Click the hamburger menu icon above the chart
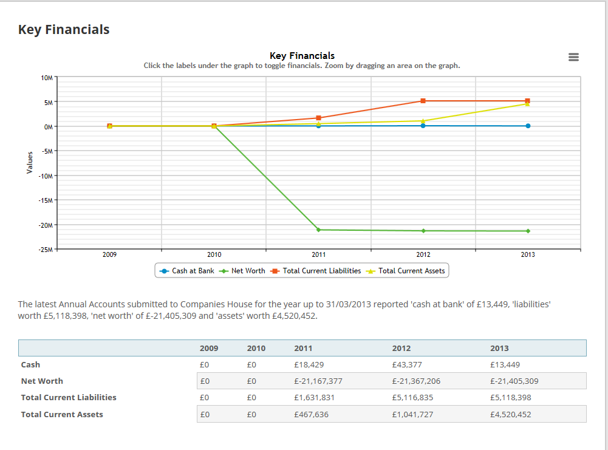pyautogui.click(x=573, y=57)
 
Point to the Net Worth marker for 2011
pyautogui.click(x=318, y=230)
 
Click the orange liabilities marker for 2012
pyautogui.click(x=423, y=101)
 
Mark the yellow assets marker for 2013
pyautogui.click(x=527, y=104)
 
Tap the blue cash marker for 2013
pyautogui.click(x=528, y=126)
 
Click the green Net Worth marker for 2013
pyautogui.click(x=528, y=231)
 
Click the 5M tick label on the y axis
pyautogui.click(x=49, y=102)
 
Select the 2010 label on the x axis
pyautogui.click(x=214, y=255)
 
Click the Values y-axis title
pyautogui.click(x=30, y=163)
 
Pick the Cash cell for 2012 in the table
pyautogui.click(x=407, y=365)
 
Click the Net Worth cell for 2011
pyautogui.click(x=318, y=381)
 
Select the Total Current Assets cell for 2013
pyautogui.click(x=510, y=415)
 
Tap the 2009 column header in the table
pyautogui.click(x=209, y=348)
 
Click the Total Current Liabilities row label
pyautogui.click(x=69, y=398)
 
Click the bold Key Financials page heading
pyautogui.click(x=64, y=29)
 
